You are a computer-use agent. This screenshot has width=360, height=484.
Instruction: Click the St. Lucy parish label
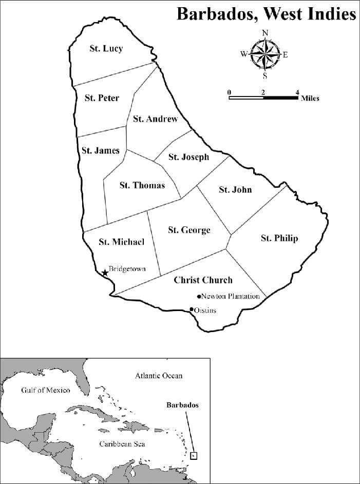[x=106, y=49]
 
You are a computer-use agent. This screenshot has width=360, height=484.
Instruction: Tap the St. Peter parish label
[x=102, y=98]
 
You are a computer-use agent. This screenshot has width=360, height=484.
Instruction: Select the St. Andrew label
[x=155, y=119]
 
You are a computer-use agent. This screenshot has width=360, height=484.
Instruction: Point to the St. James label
[x=100, y=150]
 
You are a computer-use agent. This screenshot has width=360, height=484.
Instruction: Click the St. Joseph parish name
[x=188, y=157]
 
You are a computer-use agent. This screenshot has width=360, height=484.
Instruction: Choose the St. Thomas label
[x=142, y=185]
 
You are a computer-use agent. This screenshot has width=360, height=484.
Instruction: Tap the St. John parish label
[x=235, y=189]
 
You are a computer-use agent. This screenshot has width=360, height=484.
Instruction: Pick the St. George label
[x=189, y=230]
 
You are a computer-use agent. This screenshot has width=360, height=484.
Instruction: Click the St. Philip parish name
[x=279, y=238]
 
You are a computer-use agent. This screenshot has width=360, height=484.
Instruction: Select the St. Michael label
[x=121, y=242]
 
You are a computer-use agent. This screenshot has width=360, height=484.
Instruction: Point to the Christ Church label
[x=203, y=280]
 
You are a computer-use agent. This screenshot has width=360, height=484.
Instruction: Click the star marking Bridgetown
[x=105, y=273]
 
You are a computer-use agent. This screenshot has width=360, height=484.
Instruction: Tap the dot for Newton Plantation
[x=199, y=297]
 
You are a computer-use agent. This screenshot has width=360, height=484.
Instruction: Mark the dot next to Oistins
[x=192, y=309]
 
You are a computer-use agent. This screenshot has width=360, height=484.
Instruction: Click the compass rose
[x=265, y=54]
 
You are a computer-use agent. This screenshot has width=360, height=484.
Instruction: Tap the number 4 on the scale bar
[x=297, y=92]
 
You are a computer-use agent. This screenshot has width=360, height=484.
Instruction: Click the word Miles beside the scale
[x=310, y=98]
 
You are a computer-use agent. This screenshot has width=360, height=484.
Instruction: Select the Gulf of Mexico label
[x=45, y=390]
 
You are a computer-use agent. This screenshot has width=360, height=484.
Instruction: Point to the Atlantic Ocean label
[x=159, y=376]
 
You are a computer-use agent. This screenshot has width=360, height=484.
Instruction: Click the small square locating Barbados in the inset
[x=194, y=455]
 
